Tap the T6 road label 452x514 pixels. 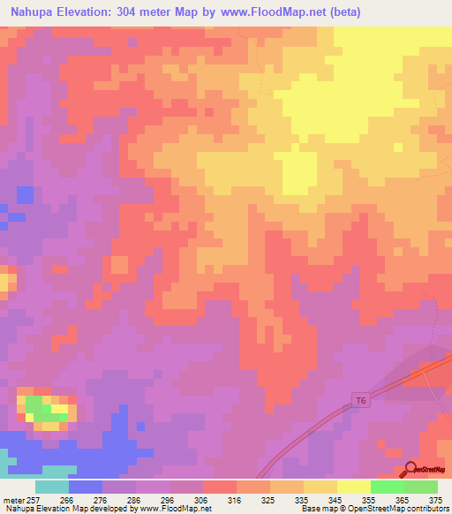[360, 401]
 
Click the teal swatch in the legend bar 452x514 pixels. [52, 487]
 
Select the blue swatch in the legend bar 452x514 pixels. [86, 487]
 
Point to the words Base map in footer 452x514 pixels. [320, 509]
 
